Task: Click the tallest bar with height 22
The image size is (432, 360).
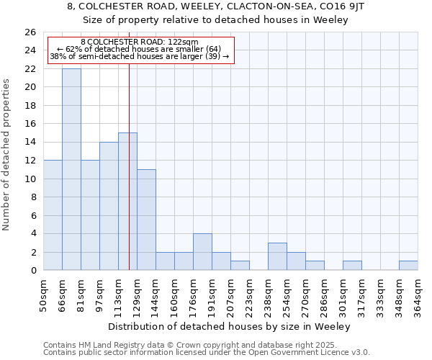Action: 71,169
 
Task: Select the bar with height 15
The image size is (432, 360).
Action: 127,202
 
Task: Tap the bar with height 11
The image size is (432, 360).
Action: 146,220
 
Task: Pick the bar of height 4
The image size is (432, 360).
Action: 202,252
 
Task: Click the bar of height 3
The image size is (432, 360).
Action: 277,256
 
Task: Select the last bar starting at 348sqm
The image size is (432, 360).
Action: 408,265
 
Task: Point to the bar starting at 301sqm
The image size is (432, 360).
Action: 352,265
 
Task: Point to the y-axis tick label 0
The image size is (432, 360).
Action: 32,271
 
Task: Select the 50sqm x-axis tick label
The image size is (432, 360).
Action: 44,296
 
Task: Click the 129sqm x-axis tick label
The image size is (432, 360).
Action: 138,296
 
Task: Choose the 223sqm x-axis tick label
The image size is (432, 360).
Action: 250,296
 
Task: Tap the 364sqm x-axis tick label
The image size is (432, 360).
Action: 418,296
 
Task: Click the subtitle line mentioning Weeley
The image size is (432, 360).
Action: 215,19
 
